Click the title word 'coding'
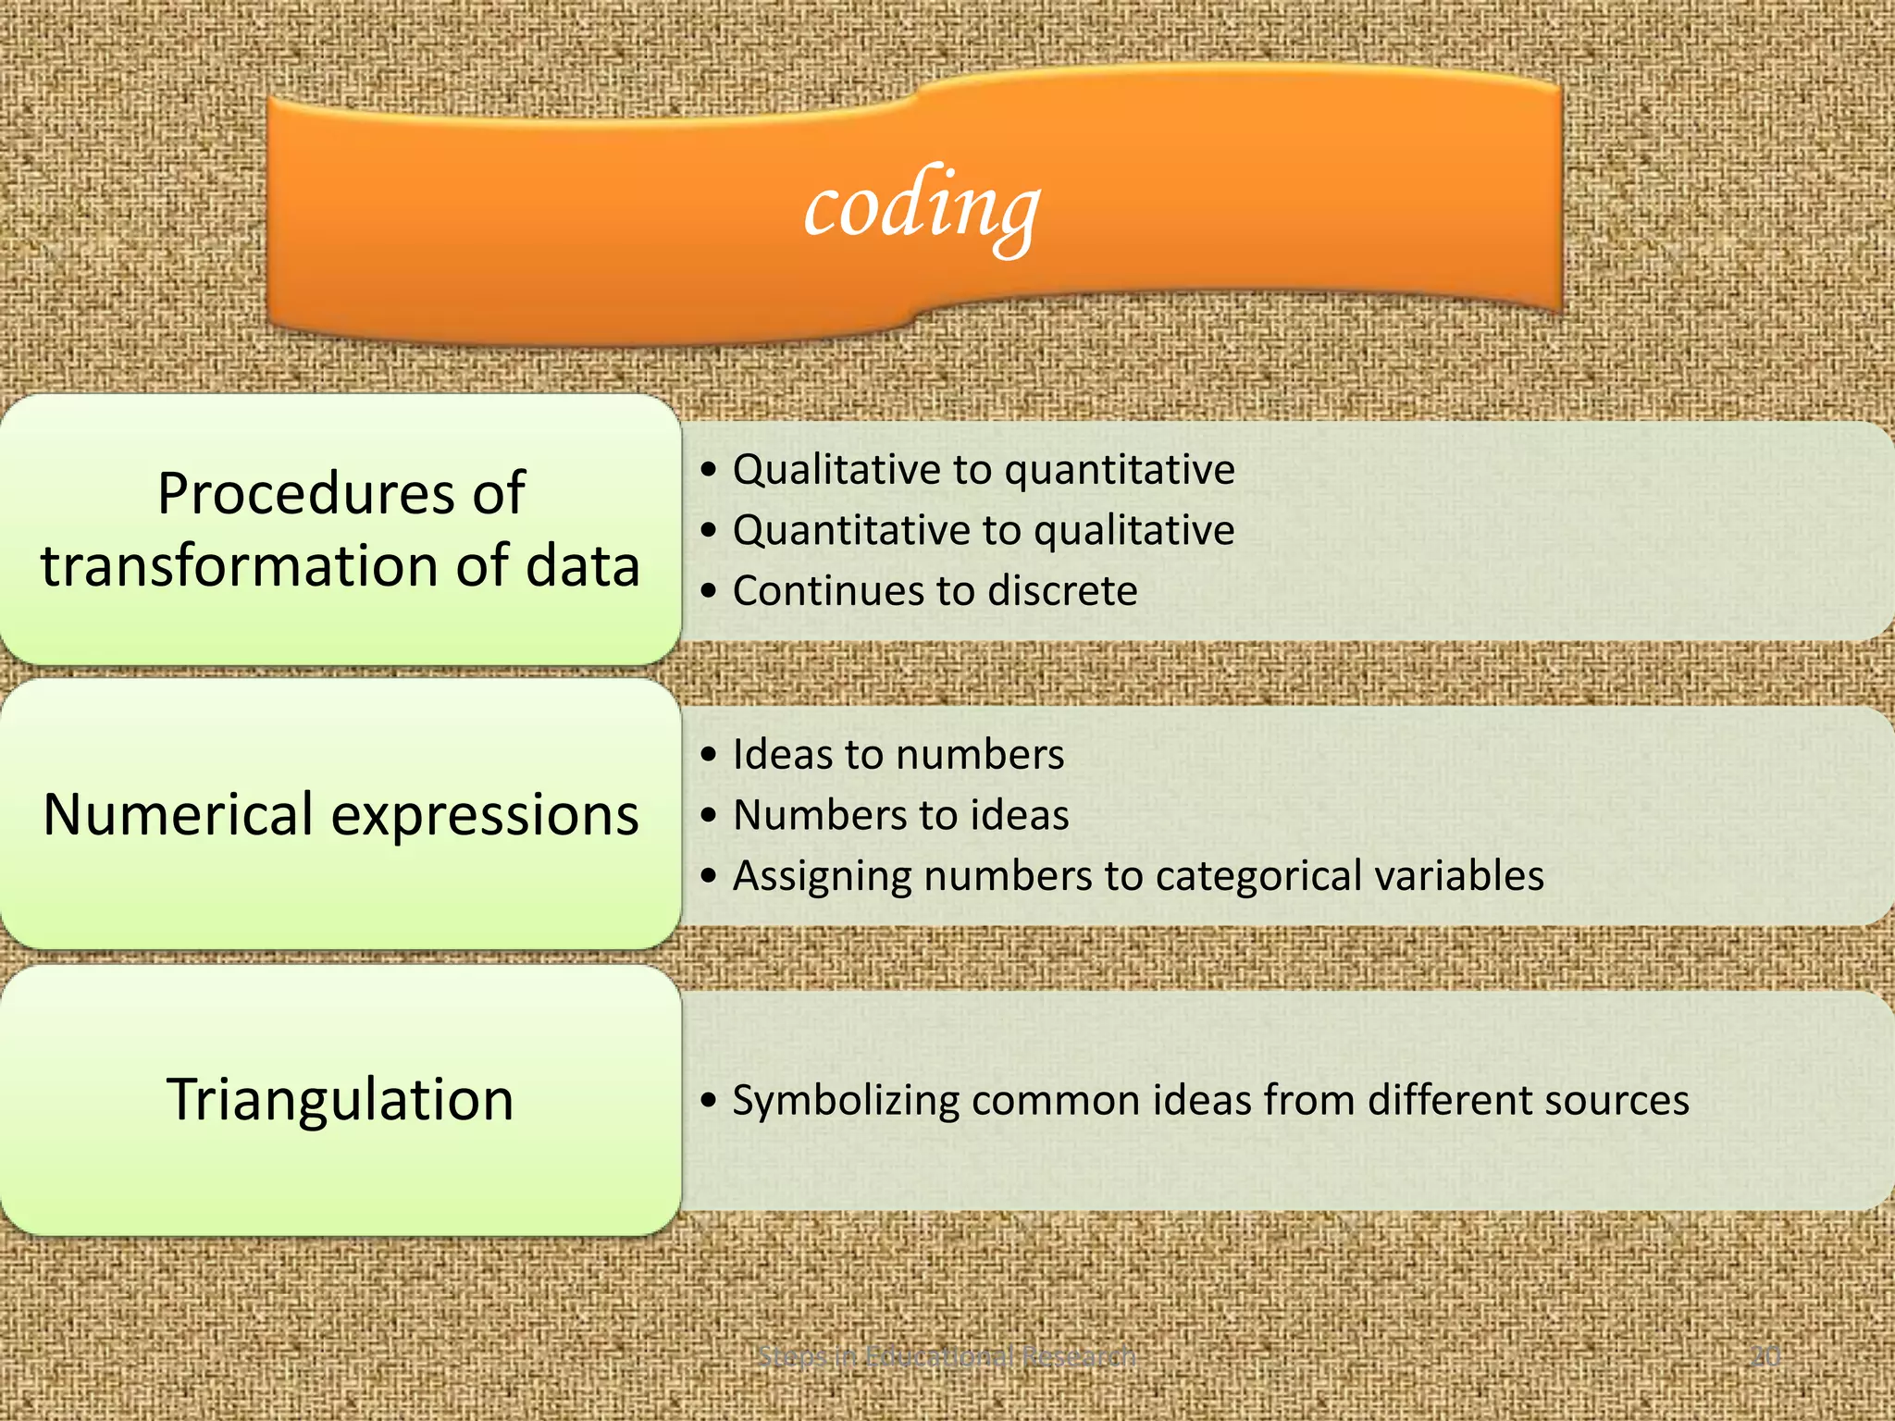coord(922,208)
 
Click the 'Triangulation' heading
coord(341,1099)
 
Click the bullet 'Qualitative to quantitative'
coord(983,470)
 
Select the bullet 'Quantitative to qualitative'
coord(983,531)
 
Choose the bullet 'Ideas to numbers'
coord(898,755)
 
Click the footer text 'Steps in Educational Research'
coord(946,1356)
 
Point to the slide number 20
coord(1765,1356)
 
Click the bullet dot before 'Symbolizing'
coord(709,1101)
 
